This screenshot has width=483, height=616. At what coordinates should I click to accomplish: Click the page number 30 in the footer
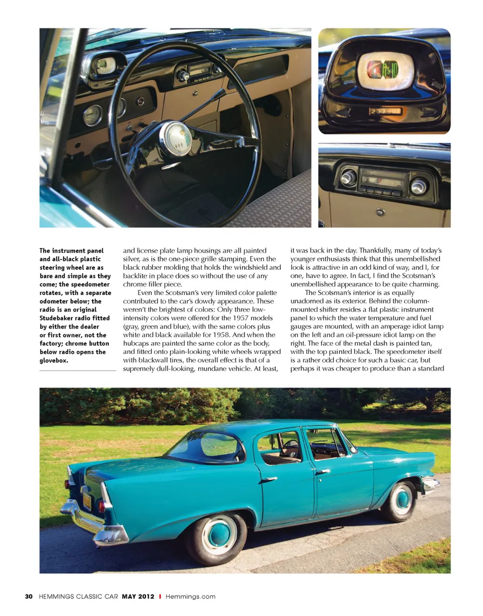(29, 596)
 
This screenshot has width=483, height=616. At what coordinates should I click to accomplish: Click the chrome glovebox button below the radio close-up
(381, 212)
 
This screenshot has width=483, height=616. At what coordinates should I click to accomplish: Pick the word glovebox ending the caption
(54, 361)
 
